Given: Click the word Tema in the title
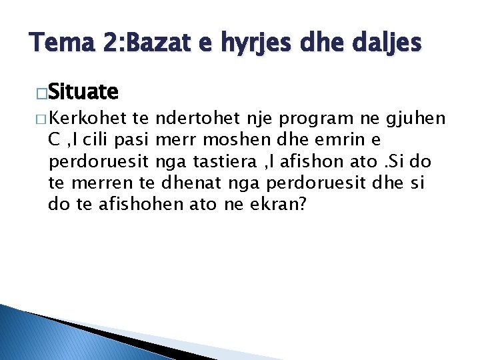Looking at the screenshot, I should point(58,44).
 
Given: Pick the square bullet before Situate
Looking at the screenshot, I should point(42,91).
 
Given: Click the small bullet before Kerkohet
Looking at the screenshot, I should point(41,119).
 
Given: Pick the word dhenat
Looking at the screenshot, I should point(188,183).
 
